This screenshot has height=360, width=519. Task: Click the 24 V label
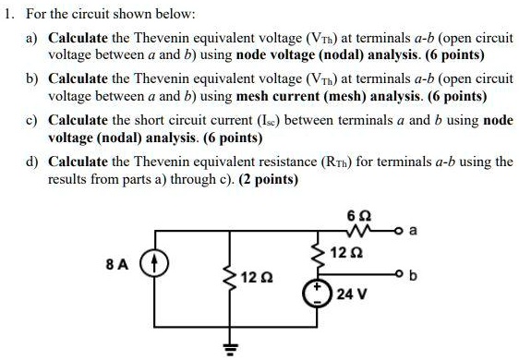tap(352, 295)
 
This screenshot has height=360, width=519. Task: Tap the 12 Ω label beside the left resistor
tap(255, 278)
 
